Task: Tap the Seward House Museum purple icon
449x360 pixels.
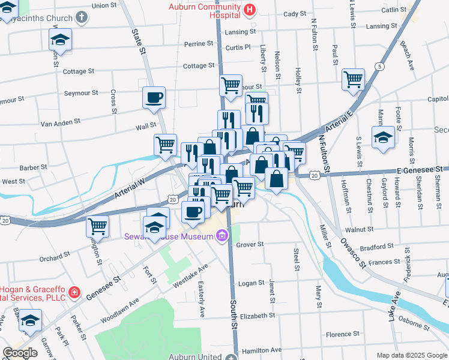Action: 221,236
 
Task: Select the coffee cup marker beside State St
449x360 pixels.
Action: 154,97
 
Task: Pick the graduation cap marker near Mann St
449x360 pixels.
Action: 383,137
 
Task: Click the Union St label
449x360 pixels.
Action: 104,5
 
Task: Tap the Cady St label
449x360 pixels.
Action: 294,14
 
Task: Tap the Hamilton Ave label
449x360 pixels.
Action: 261,350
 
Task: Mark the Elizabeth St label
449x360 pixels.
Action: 257,315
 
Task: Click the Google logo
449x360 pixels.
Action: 20,353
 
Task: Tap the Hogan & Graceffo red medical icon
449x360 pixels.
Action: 74,293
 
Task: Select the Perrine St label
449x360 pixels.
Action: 199,44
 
